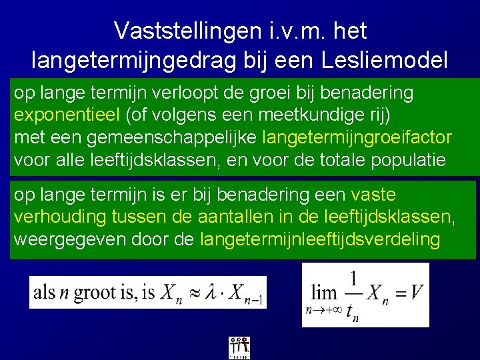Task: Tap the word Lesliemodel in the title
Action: (x=388, y=61)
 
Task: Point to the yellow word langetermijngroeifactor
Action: (x=357, y=138)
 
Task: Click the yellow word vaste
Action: (x=373, y=195)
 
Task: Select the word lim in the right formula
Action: (x=324, y=291)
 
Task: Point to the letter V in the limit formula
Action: (x=418, y=291)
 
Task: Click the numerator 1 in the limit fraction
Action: (x=353, y=279)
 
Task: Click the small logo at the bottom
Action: (x=239, y=347)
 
